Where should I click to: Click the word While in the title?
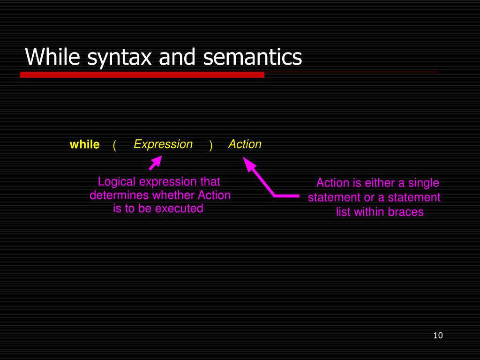(x=52, y=57)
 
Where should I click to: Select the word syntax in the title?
(x=120, y=58)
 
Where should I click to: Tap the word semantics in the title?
(x=253, y=57)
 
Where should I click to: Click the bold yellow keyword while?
(x=85, y=144)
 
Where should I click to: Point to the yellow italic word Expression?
(x=163, y=144)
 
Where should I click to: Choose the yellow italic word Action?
(x=245, y=144)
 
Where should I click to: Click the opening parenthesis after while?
(x=114, y=145)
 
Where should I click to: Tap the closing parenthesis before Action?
(x=210, y=145)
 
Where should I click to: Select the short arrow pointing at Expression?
(x=156, y=163)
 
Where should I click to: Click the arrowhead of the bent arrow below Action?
(x=249, y=163)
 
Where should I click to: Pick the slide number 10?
(x=438, y=336)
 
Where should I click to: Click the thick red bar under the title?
(x=142, y=75)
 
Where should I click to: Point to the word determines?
(x=120, y=195)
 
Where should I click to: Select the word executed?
(x=181, y=209)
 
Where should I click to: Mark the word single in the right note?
(x=424, y=183)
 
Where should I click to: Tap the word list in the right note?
(x=344, y=212)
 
